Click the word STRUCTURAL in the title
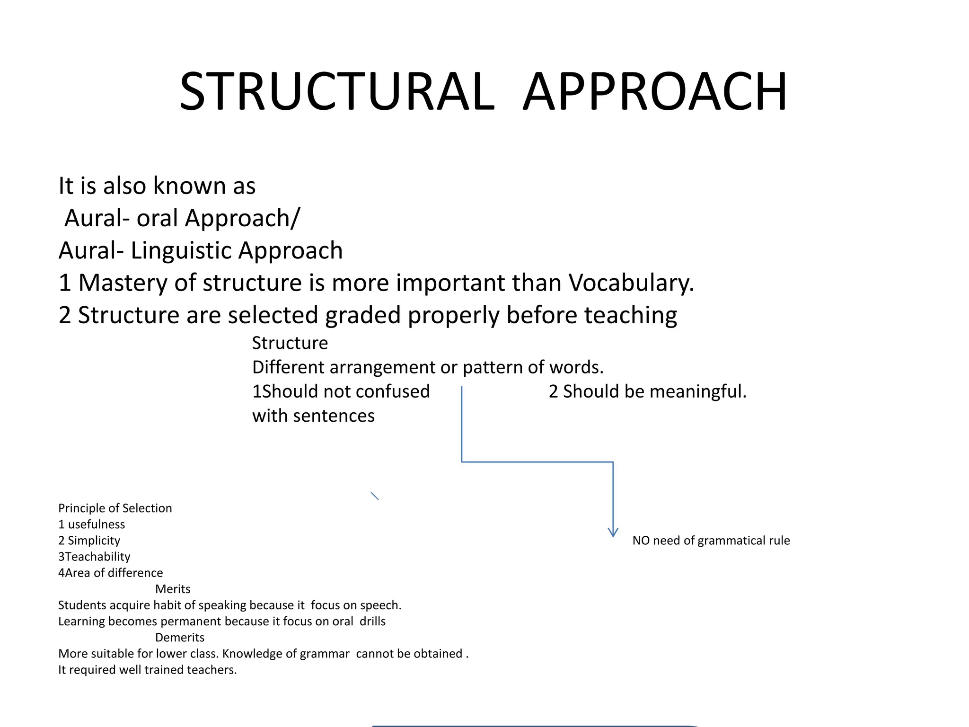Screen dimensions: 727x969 pos(337,91)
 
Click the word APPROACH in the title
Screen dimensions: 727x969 pos(655,91)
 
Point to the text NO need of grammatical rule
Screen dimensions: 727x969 pos(711,541)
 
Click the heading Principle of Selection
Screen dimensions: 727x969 pos(115,508)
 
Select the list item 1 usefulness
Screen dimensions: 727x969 pos(91,524)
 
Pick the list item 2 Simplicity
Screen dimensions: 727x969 pos(89,541)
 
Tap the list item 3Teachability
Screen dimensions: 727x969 pos(94,557)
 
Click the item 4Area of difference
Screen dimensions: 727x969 pos(110,573)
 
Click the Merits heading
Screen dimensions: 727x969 pos(173,589)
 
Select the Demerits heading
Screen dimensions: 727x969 pos(180,638)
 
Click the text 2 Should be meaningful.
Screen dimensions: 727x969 pos(647,391)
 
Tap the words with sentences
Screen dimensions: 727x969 pos(313,416)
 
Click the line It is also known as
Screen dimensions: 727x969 pos(157,186)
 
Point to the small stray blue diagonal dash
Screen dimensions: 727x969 pos(375,496)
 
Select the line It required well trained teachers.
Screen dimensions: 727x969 pos(147,670)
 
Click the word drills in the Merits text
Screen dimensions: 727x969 pos(372,621)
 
